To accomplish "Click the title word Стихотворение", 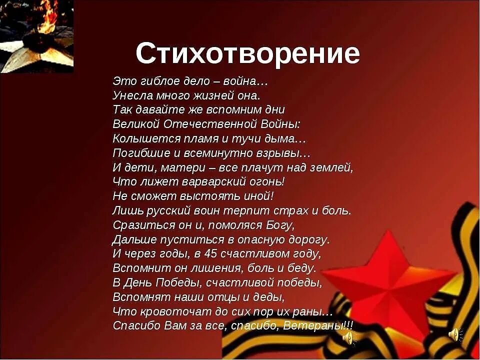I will click(247, 53).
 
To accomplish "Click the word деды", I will click(270, 297).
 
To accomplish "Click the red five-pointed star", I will click(387, 285).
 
